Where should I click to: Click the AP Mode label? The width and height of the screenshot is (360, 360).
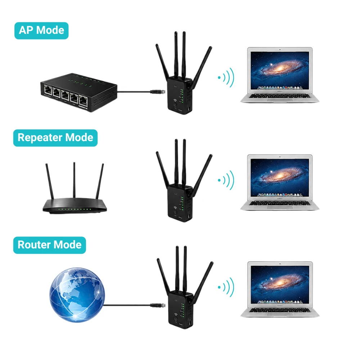tap(41, 31)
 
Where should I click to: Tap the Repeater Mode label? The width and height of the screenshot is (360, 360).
tap(55, 138)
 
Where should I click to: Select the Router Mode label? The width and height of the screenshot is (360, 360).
tap(50, 245)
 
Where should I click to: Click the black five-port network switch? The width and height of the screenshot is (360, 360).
tap(79, 92)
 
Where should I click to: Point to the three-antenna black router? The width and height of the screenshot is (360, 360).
tap(75, 188)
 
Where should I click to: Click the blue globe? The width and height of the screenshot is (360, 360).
tap(77, 295)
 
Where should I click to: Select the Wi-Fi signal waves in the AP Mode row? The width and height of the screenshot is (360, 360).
tap(226, 78)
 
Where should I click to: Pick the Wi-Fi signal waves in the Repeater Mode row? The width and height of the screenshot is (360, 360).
tap(226, 180)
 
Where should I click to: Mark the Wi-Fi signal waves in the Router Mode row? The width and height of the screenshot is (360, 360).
tap(226, 287)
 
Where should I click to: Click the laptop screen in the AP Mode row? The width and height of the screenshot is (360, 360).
tap(280, 70)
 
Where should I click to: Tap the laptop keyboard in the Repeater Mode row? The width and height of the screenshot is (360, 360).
tap(280, 203)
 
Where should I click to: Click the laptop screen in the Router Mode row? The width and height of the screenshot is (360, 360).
tap(280, 285)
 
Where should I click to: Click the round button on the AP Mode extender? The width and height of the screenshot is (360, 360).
tap(175, 105)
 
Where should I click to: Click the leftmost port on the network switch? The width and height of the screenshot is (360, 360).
tap(48, 90)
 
